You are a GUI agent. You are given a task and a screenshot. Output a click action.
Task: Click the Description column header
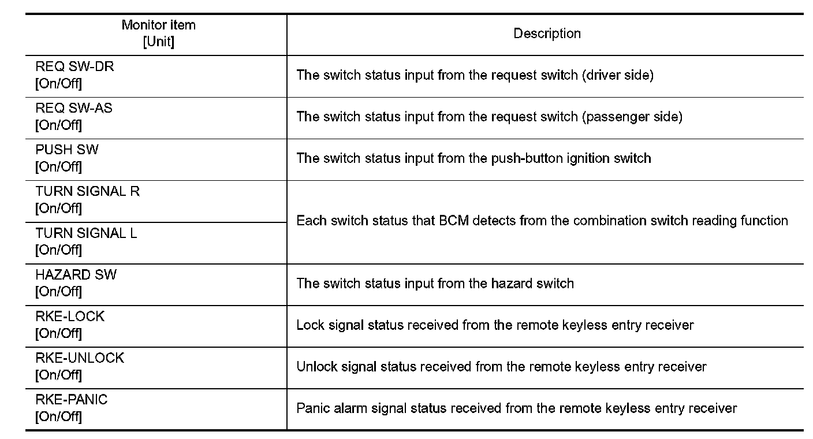(547, 34)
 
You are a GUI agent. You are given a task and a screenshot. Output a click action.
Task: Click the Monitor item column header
(158, 25)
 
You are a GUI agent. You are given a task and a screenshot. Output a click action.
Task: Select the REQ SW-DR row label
(74, 67)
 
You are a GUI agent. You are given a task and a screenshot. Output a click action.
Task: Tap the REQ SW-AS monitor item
(74, 109)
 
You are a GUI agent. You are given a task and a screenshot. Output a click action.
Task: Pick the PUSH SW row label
(67, 150)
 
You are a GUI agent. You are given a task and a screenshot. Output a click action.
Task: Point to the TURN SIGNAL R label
(87, 192)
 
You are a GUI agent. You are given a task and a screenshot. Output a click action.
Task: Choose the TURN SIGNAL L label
(86, 233)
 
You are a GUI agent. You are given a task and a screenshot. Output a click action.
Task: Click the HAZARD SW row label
(76, 275)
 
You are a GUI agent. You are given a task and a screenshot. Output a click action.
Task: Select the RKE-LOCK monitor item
(70, 317)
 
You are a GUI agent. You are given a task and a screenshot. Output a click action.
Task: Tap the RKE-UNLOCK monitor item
(80, 358)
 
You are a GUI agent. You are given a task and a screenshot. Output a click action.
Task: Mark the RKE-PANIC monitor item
(72, 400)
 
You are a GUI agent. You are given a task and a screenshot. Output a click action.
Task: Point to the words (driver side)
(617, 75)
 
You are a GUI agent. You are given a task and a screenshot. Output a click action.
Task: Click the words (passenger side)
(632, 117)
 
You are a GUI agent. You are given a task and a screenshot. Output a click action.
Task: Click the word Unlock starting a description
(316, 367)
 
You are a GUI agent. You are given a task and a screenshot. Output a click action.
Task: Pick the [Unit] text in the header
(158, 42)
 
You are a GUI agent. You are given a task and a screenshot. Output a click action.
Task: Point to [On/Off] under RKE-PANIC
(58, 416)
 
